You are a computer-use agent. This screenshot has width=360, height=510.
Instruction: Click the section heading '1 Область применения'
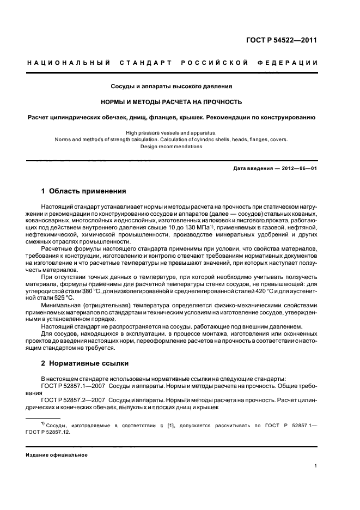click(83, 191)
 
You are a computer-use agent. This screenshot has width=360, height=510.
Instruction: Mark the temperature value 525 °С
click(62, 299)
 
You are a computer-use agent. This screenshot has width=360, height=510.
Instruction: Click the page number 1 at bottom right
click(316, 466)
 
